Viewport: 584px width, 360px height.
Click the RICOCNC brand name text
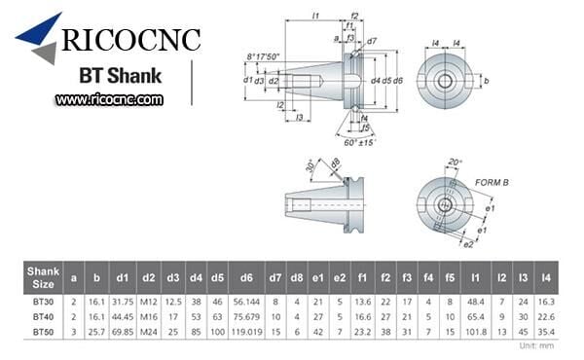click(132, 42)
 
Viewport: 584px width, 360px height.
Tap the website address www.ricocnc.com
click(109, 99)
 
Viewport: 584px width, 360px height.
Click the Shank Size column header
click(43, 277)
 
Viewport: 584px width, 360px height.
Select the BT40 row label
click(43, 316)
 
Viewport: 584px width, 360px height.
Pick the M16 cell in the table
click(149, 316)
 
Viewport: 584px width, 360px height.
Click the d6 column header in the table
click(246, 277)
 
